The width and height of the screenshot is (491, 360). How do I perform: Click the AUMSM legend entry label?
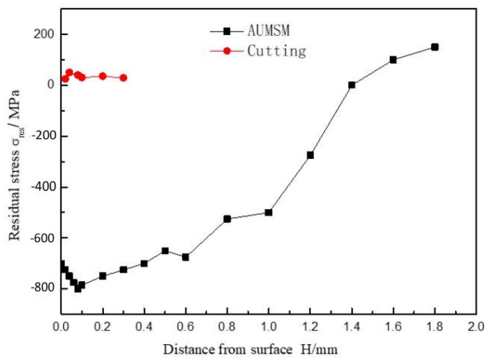pos(268,31)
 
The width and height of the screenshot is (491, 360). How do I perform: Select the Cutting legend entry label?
pos(277,51)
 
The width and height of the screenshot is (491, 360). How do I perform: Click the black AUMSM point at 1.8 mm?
pos(435,47)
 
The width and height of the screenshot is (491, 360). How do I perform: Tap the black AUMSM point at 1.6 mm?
pos(393,60)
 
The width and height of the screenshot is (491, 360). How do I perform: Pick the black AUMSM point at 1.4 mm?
pos(352,85)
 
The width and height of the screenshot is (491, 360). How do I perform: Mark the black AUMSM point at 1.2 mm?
pos(310,155)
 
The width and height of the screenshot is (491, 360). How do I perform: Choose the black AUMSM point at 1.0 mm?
pos(269,213)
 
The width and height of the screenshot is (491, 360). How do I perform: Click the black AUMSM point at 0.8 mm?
pos(227,219)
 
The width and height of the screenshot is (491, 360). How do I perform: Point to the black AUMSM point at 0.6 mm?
pos(186,257)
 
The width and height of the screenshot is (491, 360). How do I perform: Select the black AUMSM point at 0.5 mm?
pos(165,251)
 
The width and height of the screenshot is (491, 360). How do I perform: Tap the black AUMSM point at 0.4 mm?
pos(144,263)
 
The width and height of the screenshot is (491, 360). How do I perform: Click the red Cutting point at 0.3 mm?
pos(123,78)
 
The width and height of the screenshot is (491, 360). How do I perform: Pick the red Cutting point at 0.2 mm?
pos(102,76)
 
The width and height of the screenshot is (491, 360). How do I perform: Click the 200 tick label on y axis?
pos(44,34)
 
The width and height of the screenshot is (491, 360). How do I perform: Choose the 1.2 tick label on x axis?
pos(310,326)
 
